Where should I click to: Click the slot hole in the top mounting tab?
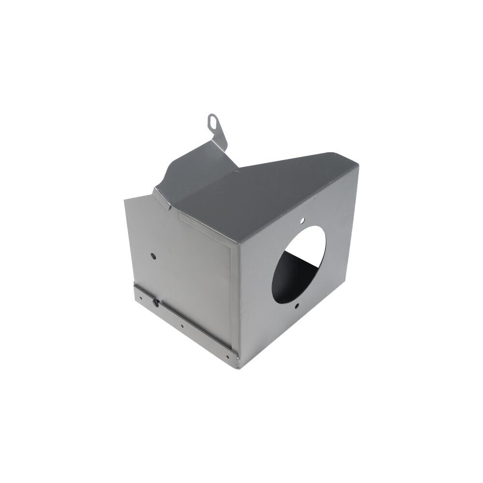pyautogui.click(x=213, y=119)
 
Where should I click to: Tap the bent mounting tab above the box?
pyautogui.click(x=215, y=127)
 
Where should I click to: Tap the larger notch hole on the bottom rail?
pyautogui.click(x=156, y=302)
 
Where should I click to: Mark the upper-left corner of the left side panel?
pyautogui.click(x=127, y=199)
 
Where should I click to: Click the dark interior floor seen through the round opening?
pyautogui.click(x=299, y=275)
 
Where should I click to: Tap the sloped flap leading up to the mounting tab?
pyautogui.click(x=193, y=169)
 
